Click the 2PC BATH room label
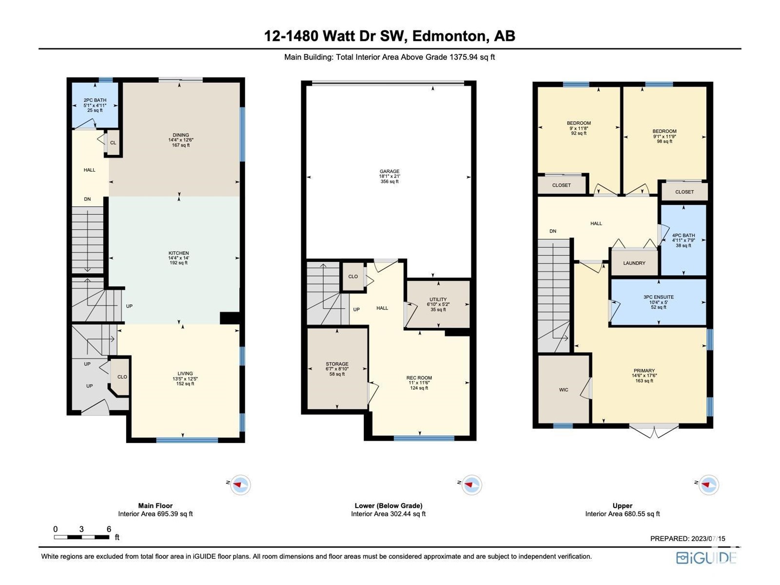95,100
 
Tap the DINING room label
180,135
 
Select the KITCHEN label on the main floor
178,253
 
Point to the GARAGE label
390,171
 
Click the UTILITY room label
438,299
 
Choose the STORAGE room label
337,364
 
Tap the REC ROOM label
419,378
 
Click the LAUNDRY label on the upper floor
634,263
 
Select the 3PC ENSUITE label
659,297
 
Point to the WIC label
564,390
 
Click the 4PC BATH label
683,235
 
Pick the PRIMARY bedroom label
644,370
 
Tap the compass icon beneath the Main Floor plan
240,485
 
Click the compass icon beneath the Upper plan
708,485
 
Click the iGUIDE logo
706,558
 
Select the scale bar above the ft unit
82,537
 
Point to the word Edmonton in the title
449,36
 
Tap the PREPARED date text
687,539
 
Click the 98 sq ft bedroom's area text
664,141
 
